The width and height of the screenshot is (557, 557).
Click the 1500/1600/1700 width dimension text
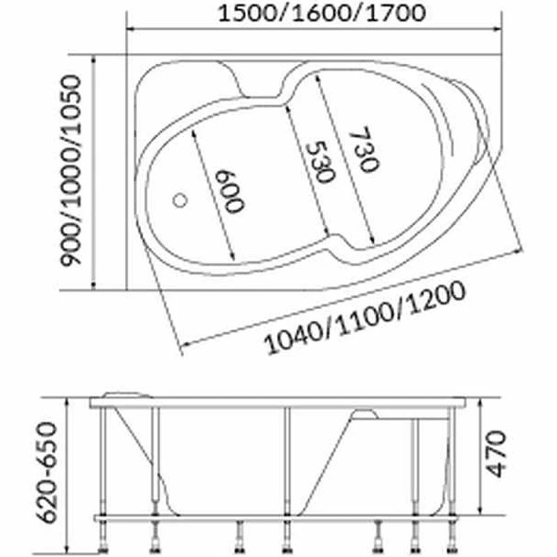[322, 14]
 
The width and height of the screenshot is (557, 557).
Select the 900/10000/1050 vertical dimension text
[71, 171]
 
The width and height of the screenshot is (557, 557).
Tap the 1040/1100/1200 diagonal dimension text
[365, 319]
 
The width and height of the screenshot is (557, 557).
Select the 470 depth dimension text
[496, 454]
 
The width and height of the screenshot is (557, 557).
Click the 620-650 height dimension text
[47, 473]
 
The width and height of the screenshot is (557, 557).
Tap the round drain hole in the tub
[180, 201]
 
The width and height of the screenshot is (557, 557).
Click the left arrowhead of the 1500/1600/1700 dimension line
[130, 29]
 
